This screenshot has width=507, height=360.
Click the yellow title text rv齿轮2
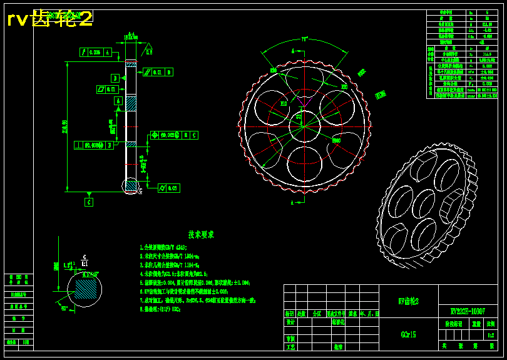pos(49,19)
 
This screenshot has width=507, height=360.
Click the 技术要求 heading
pos(202,235)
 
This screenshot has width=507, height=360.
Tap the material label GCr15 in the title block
pos(408,335)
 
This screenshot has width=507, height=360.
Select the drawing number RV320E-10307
pos(468,311)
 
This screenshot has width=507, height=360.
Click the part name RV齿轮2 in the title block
pos(408,301)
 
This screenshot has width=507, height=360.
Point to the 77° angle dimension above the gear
pos(305,39)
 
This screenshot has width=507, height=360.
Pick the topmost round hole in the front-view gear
pos(305,81)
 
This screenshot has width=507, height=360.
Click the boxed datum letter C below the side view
pos(89,202)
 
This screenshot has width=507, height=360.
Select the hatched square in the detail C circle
pos(88,290)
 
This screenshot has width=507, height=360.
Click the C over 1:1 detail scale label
pos(84,260)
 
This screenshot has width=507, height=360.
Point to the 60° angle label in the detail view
pos(64,308)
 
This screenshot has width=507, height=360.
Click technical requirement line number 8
pos(160,309)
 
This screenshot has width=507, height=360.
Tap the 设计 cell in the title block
pos(290,322)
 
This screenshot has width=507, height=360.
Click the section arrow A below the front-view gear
pos(292,202)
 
